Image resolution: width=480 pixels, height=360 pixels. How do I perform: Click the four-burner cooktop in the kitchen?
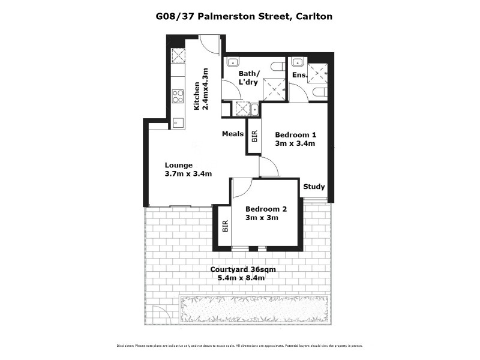pos(178,96)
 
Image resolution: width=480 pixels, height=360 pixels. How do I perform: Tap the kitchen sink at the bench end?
pos(178,122)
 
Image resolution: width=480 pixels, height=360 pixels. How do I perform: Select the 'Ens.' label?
pos(299,75)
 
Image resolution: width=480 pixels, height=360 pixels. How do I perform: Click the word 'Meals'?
pos(232,134)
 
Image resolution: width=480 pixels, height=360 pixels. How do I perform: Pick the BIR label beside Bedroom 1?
pos(254,137)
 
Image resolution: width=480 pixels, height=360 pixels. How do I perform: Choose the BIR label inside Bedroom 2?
pos(226,226)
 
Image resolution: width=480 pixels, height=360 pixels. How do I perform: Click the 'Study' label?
pos(313,187)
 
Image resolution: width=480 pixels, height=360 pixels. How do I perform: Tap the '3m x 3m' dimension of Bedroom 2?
pos(262,218)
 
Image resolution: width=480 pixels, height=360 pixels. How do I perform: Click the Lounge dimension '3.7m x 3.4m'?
pos(188,174)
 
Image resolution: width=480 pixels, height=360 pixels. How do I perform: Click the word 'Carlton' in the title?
pos(314,17)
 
